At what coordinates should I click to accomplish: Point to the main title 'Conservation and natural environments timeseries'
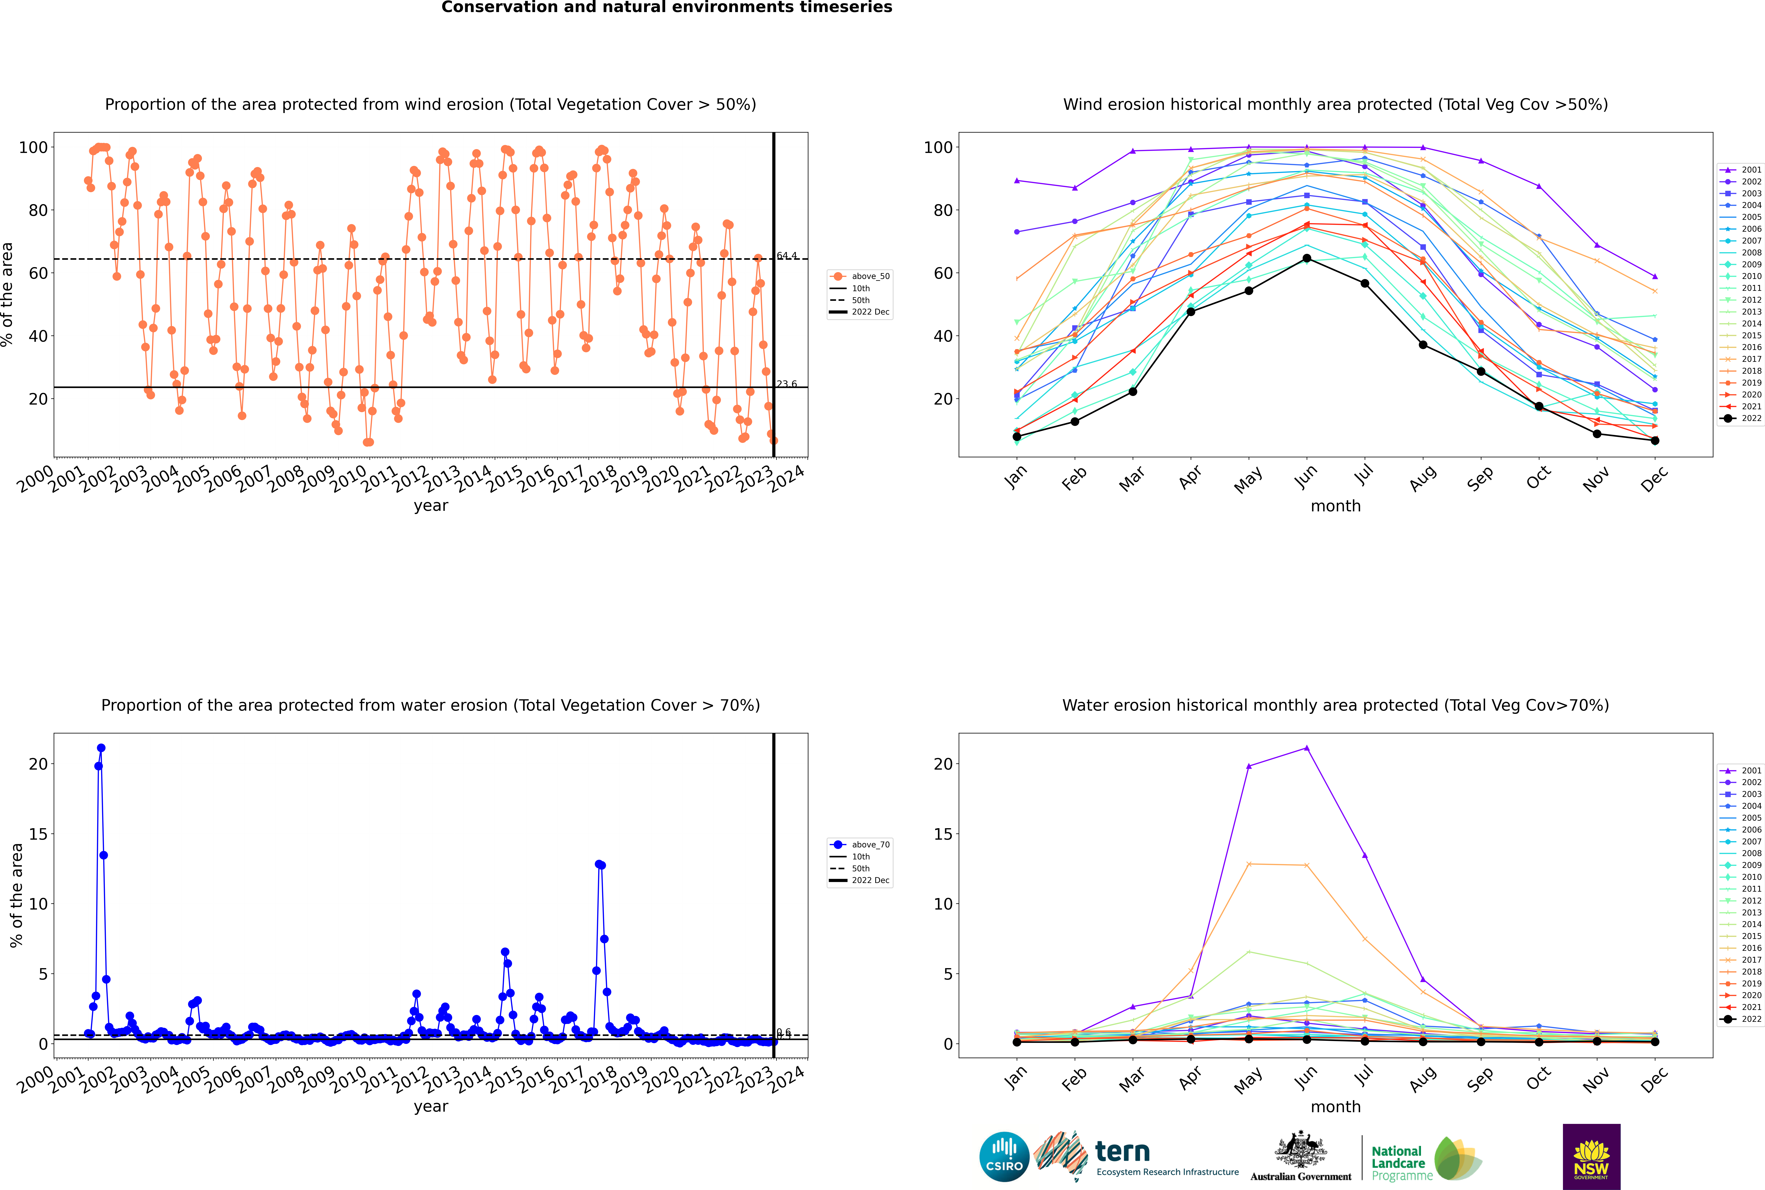(666, 8)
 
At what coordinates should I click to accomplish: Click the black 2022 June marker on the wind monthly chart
(1307, 259)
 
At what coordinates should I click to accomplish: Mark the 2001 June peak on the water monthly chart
(1307, 748)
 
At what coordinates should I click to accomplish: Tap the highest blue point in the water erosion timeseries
(101, 748)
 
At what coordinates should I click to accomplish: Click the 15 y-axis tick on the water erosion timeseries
(38, 834)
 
